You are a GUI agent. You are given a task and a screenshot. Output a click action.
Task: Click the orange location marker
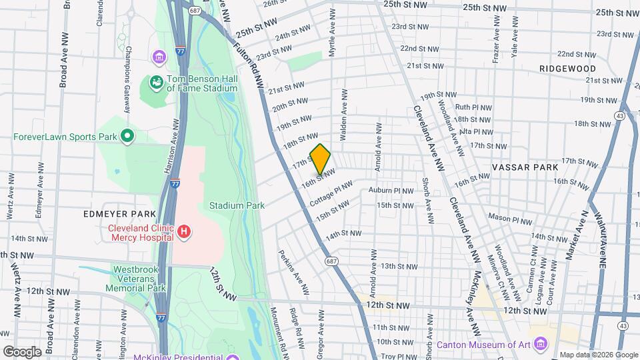point(321,159)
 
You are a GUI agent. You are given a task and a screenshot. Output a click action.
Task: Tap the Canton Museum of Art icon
point(541,345)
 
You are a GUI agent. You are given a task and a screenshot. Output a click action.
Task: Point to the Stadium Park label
point(237,205)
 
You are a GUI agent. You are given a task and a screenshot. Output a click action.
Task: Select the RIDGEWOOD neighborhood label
point(568,69)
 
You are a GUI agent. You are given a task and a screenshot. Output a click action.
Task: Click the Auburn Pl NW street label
point(391,191)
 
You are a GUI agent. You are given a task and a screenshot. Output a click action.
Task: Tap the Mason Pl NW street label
point(510,218)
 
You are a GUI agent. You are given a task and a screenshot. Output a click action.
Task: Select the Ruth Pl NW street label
point(473,107)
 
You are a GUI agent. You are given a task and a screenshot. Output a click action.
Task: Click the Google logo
point(22,351)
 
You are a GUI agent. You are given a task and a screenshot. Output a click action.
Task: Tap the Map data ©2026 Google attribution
point(597,355)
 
